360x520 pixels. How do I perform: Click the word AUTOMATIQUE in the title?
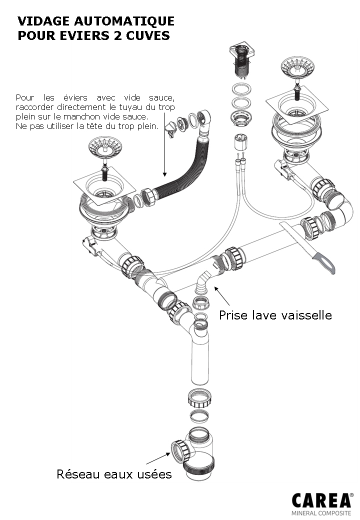[124, 21]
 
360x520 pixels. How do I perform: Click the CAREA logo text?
[321, 500]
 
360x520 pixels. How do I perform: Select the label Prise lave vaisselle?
[275, 315]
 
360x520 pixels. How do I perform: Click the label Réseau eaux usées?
[114, 474]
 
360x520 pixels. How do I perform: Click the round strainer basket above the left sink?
[105, 147]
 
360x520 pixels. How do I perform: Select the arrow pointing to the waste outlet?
[158, 458]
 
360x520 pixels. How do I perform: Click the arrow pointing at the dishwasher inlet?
[222, 296]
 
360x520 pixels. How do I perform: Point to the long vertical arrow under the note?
[164, 144]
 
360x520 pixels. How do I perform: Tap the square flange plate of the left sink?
[105, 186]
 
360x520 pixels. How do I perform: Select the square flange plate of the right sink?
[297, 106]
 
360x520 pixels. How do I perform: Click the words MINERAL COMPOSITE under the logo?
[321, 513]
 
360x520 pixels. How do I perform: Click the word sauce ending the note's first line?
[162, 98]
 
